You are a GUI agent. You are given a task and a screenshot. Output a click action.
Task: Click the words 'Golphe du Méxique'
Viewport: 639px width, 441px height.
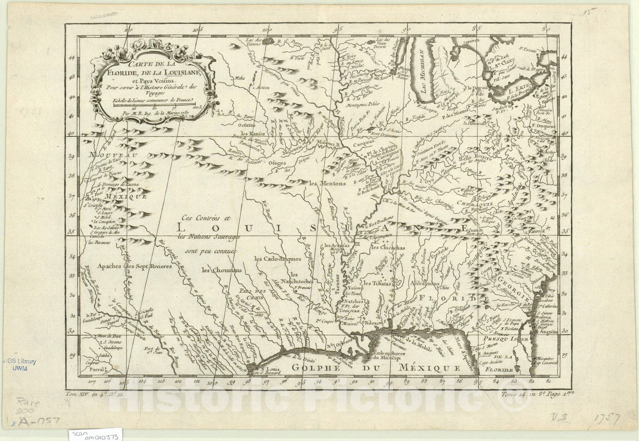point(375,368)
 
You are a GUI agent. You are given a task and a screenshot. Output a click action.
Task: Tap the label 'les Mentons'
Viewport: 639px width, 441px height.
point(327,184)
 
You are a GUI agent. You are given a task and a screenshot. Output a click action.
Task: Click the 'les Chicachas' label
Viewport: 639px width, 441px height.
point(387,248)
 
